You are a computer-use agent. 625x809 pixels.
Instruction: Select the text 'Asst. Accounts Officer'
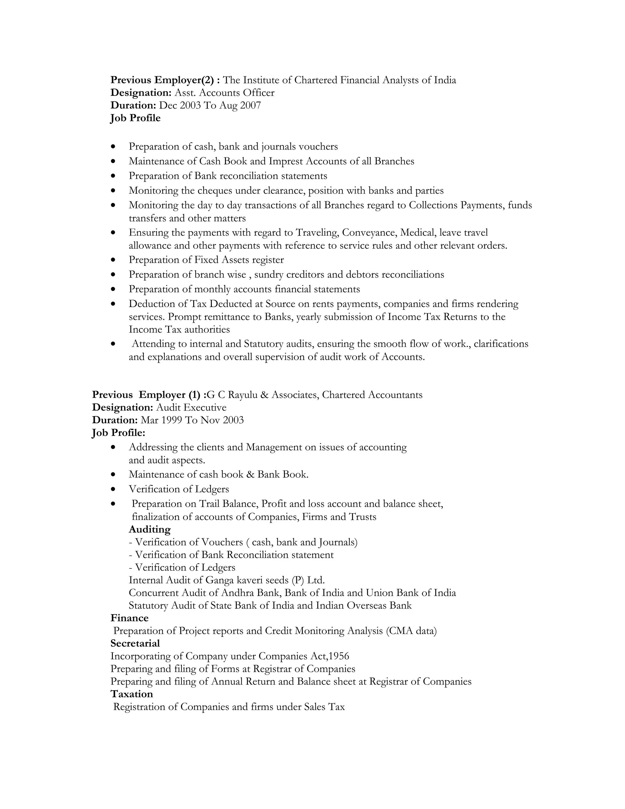[x=224, y=93]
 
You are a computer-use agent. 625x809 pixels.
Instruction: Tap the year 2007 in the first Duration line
[x=250, y=105]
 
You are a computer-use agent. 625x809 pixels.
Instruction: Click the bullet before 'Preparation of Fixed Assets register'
[x=113, y=260]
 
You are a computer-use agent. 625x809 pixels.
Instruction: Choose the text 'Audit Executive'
[x=191, y=408]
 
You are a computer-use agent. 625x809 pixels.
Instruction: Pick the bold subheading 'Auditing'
[x=150, y=529]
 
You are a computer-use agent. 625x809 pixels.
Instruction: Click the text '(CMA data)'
[x=411, y=630]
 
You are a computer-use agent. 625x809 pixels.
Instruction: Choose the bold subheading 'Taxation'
[x=132, y=694]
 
